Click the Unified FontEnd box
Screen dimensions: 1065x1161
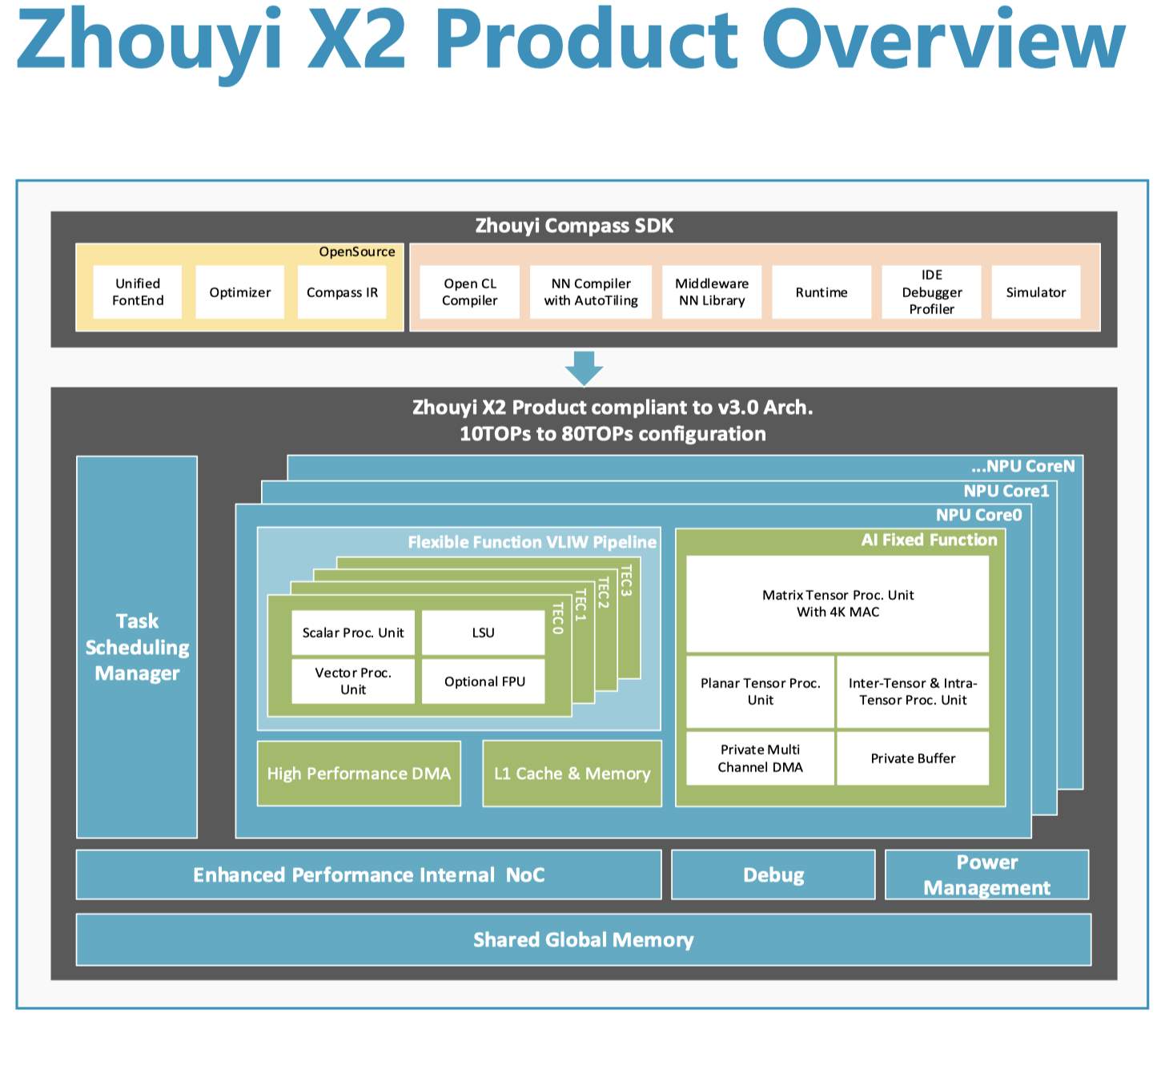tap(137, 292)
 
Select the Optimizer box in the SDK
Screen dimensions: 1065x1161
tap(239, 292)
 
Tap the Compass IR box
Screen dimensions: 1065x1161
tap(342, 292)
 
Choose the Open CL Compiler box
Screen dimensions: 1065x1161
tap(469, 292)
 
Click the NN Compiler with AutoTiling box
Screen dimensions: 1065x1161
tap(591, 292)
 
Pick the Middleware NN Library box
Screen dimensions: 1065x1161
tap(712, 292)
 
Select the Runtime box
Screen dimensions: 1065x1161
tap(822, 292)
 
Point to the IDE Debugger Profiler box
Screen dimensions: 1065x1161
tap(931, 292)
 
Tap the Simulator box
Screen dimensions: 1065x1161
tap(1036, 292)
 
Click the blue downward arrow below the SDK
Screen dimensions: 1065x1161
tap(584, 368)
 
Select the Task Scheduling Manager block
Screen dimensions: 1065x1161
tap(137, 647)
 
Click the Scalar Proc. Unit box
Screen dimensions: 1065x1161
tap(353, 633)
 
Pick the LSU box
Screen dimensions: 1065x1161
tap(483, 633)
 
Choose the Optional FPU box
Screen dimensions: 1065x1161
tap(484, 681)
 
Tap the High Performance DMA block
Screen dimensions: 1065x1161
tap(359, 774)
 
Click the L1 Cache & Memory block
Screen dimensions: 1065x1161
tap(572, 774)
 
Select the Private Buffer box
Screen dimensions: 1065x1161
tap(913, 758)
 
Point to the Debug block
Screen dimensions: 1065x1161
tap(773, 875)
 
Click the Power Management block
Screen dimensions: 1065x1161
tap(986, 875)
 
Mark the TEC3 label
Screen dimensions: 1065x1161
tap(626, 580)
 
